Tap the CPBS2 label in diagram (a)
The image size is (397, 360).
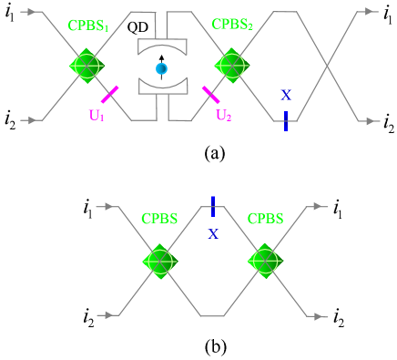pos(233,26)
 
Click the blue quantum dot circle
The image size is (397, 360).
pos(161,68)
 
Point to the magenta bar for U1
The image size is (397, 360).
pos(110,94)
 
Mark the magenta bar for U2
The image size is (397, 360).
pos(210,94)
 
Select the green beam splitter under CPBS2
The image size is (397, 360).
pos(229,66)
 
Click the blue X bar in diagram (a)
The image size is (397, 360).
pos(285,119)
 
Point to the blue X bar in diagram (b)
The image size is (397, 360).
pos(212,206)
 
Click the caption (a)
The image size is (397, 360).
pos(214,153)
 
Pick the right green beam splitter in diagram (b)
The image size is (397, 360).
pos(264,261)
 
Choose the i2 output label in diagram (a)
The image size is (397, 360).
pos(388,120)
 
